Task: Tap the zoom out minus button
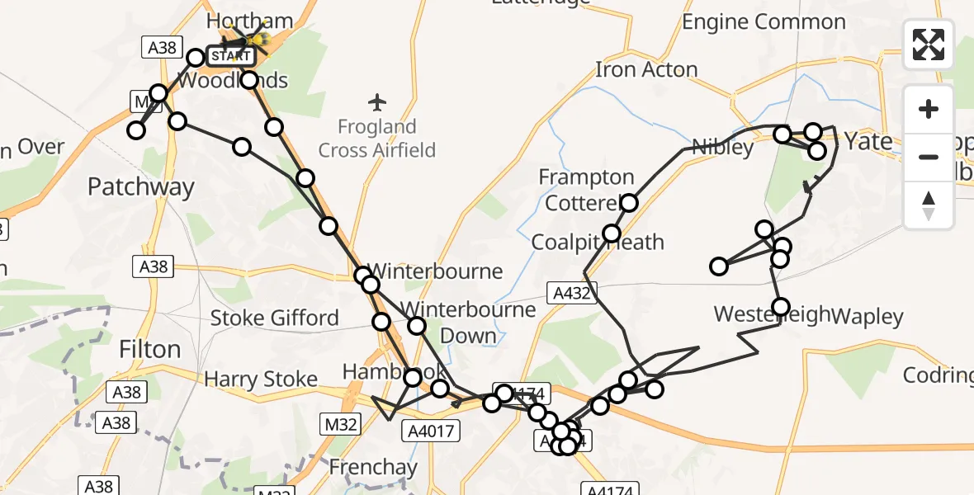929,157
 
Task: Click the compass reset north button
929,205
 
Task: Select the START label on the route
229,57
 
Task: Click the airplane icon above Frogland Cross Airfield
378,103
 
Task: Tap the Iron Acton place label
646,70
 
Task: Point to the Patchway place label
140,187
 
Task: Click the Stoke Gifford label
274,318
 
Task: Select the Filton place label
149,349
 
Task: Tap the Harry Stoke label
261,379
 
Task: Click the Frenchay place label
373,468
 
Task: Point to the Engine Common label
764,22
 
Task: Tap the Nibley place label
722,148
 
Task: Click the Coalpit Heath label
598,243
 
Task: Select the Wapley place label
867,315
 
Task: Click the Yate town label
868,142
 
